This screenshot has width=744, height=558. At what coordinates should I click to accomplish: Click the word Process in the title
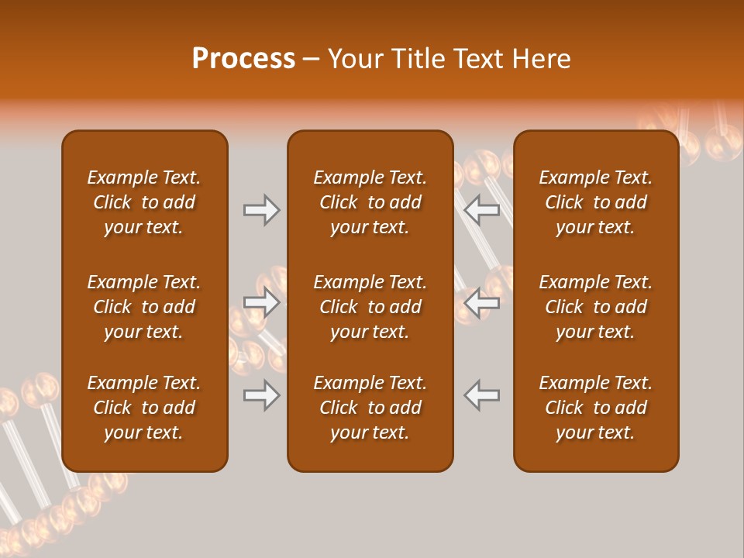click(x=243, y=59)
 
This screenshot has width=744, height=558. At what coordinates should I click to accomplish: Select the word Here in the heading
click(x=542, y=59)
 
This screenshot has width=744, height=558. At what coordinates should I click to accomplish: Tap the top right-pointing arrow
click(x=261, y=210)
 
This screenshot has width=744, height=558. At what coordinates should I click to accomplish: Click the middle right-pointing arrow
click(x=261, y=301)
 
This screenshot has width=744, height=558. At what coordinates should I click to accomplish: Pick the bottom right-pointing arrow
click(x=261, y=395)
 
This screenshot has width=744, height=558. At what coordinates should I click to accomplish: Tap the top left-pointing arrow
click(x=482, y=210)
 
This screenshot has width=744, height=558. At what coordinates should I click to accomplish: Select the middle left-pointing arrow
click(x=482, y=302)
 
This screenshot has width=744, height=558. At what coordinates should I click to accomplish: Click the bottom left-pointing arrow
click(x=482, y=395)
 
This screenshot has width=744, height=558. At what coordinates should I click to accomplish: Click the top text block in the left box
click(x=144, y=202)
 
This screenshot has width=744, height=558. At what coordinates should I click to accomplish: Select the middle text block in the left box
click(x=144, y=307)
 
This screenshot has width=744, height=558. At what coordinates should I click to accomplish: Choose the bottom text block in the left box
click(x=144, y=408)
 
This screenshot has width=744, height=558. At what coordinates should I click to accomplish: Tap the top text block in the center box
click(x=370, y=202)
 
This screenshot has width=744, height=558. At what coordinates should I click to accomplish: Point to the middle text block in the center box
click(x=370, y=307)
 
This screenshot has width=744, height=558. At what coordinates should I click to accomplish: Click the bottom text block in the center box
click(x=370, y=408)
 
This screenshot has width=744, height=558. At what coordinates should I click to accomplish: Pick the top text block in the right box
click(x=596, y=202)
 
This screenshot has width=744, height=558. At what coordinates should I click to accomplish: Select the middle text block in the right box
click(x=596, y=307)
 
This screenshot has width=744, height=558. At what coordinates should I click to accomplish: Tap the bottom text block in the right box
click(x=596, y=408)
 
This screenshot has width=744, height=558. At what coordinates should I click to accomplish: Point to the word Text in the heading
click(x=480, y=59)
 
